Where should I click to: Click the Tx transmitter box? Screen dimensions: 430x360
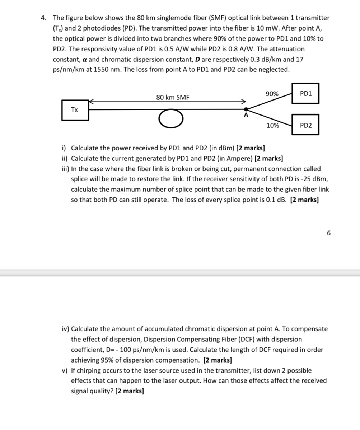[75, 110]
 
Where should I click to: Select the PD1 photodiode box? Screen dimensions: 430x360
[305, 94]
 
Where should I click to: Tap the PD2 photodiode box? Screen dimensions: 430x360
[305, 125]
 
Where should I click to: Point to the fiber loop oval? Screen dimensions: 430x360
[171, 119]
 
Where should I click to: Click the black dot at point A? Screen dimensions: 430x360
[246, 109]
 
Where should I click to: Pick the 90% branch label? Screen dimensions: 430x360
[272, 94]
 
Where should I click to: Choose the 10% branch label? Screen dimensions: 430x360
[273, 125]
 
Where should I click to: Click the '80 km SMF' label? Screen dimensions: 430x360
[173, 97]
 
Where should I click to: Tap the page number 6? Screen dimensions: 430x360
[329, 233]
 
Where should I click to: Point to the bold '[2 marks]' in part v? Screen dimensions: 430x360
[130, 391]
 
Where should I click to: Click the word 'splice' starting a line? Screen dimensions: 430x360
[80, 179]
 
